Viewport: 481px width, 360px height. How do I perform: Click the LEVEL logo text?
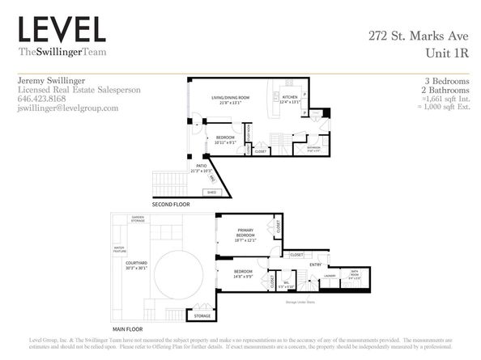pyautogui.click(x=62, y=30)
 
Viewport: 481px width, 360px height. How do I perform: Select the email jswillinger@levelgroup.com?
pyautogui.click(x=67, y=108)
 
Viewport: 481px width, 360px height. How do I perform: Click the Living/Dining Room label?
pyautogui.click(x=230, y=100)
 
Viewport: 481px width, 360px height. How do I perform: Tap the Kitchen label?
pyautogui.click(x=289, y=100)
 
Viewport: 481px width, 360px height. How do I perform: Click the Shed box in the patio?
pyautogui.click(x=213, y=193)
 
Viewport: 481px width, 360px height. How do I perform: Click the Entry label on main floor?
pyautogui.click(x=315, y=265)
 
